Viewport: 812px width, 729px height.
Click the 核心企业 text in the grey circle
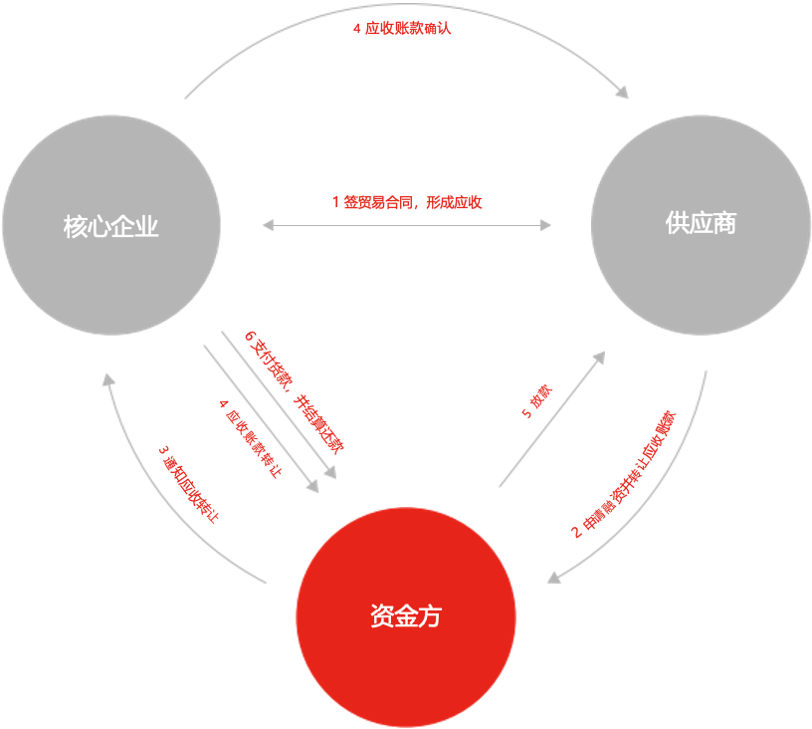coord(110,228)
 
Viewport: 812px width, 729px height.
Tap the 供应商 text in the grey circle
coord(701,223)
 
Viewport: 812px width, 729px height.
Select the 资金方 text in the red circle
coord(405,616)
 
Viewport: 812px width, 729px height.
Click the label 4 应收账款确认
coord(402,29)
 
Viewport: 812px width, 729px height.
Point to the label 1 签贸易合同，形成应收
coord(407,202)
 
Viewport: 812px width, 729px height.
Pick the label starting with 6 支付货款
coord(294,389)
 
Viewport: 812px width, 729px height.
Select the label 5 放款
coord(539,402)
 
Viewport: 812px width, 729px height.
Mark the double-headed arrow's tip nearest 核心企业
coord(266,226)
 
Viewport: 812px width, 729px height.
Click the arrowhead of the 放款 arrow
coord(600,357)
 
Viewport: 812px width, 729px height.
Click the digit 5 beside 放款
coord(527,415)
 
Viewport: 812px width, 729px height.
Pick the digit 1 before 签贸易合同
coord(335,202)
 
